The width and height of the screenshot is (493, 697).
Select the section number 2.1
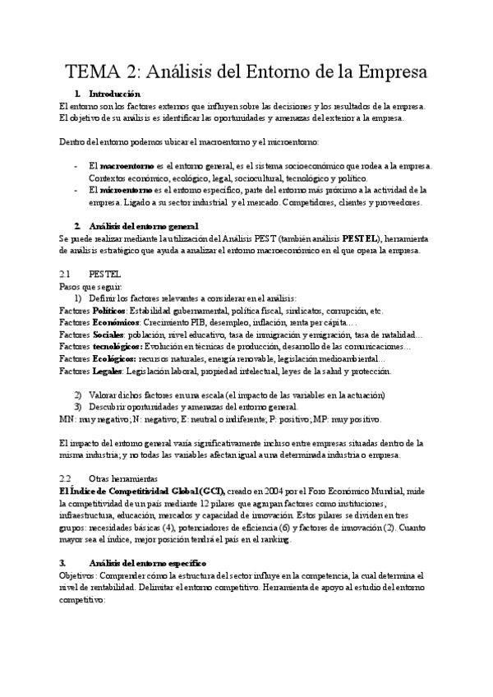click(67, 273)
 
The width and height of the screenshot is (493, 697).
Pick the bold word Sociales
click(107, 335)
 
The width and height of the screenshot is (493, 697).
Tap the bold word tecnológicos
click(122, 347)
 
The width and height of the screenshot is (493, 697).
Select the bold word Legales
click(107, 371)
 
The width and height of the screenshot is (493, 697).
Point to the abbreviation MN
click(68, 418)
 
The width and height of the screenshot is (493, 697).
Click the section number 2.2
click(67, 478)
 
